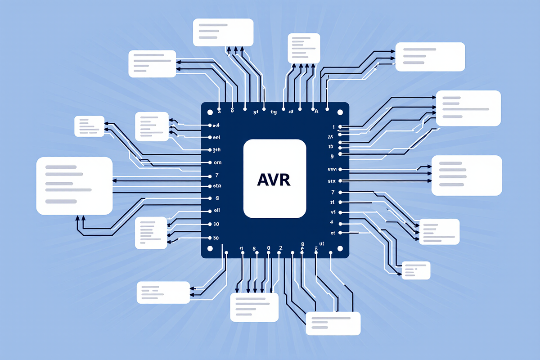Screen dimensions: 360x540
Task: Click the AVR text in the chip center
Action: (274, 180)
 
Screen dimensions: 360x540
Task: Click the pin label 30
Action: (215, 237)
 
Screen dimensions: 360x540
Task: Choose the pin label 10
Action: (215, 224)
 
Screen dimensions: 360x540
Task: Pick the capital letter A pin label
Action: (316, 111)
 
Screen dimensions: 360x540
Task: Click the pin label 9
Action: (332, 156)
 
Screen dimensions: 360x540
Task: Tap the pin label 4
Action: (332, 222)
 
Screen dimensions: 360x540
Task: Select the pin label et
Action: (333, 233)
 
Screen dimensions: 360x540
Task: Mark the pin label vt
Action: (333, 212)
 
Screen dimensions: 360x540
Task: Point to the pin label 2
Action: (281, 248)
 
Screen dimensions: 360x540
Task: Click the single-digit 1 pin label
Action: (334, 127)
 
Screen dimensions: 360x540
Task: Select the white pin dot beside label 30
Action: (208, 237)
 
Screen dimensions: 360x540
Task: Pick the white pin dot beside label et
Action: (340, 233)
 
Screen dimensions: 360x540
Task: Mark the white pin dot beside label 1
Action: (340, 127)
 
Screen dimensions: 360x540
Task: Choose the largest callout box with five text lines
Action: (74, 185)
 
